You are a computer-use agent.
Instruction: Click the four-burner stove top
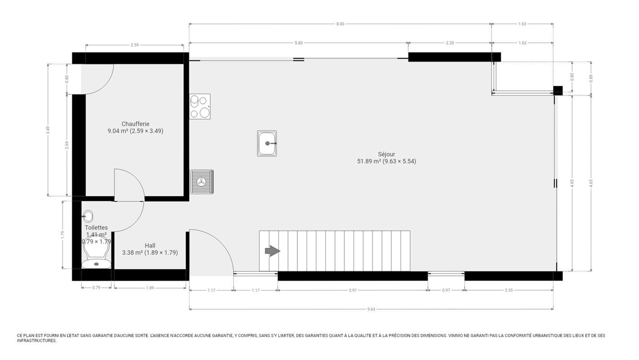tap(200, 107)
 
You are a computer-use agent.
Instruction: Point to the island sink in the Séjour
tap(267, 143)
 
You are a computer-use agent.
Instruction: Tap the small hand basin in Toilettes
tap(88, 217)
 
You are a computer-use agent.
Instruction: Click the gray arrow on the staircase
tap(272, 251)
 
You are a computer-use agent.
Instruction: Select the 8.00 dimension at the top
tap(340, 24)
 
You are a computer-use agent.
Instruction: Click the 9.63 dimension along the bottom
tap(371, 309)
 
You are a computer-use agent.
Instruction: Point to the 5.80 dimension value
tap(298, 43)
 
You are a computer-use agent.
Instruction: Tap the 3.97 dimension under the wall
tap(353, 290)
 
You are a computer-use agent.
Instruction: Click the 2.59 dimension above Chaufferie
tap(135, 45)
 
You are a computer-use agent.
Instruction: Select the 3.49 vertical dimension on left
tap(48, 130)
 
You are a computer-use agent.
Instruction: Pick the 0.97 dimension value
tap(446, 290)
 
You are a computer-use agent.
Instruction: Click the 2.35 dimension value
tap(509, 290)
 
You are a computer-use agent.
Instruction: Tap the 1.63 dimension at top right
tap(522, 24)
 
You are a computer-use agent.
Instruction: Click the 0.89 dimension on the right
tap(591, 79)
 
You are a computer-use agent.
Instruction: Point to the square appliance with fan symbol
tap(201, 182)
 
